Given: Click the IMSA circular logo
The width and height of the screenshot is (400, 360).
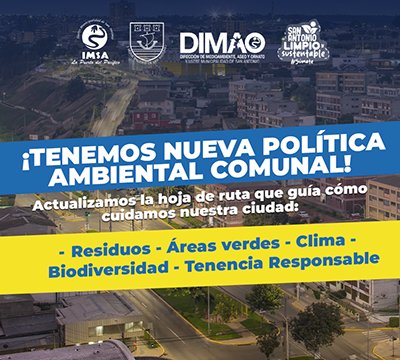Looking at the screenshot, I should click(95, 37).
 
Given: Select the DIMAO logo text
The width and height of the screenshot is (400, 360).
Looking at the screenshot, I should click(220, 41).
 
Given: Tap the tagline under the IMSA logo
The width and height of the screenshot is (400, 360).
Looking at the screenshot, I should click(96, 61).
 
